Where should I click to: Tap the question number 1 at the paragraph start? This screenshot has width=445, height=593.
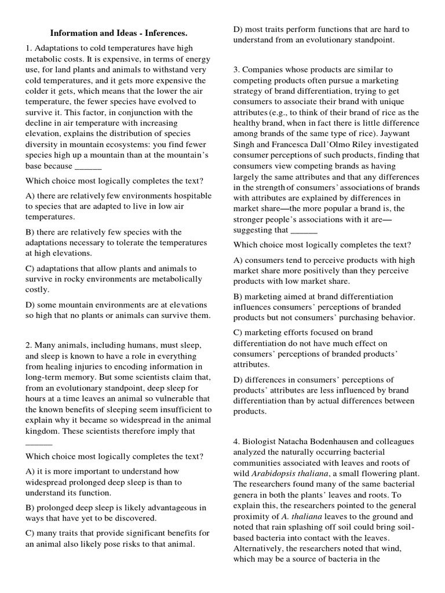27,48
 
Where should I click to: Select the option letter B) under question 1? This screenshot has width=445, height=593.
30,232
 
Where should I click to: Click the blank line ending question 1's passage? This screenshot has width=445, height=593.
88,166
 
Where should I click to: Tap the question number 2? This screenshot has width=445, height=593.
27,346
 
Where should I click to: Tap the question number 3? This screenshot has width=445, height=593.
236,69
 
